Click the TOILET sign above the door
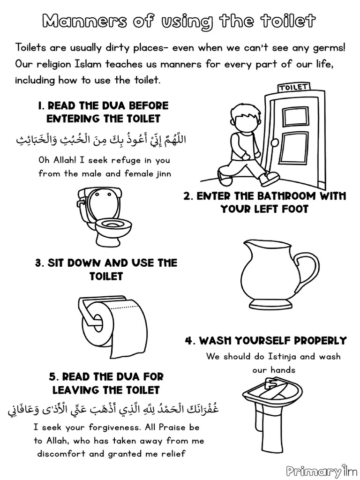[294, 87]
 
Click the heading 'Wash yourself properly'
[265, 340]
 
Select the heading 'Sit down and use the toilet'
[106, 270]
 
